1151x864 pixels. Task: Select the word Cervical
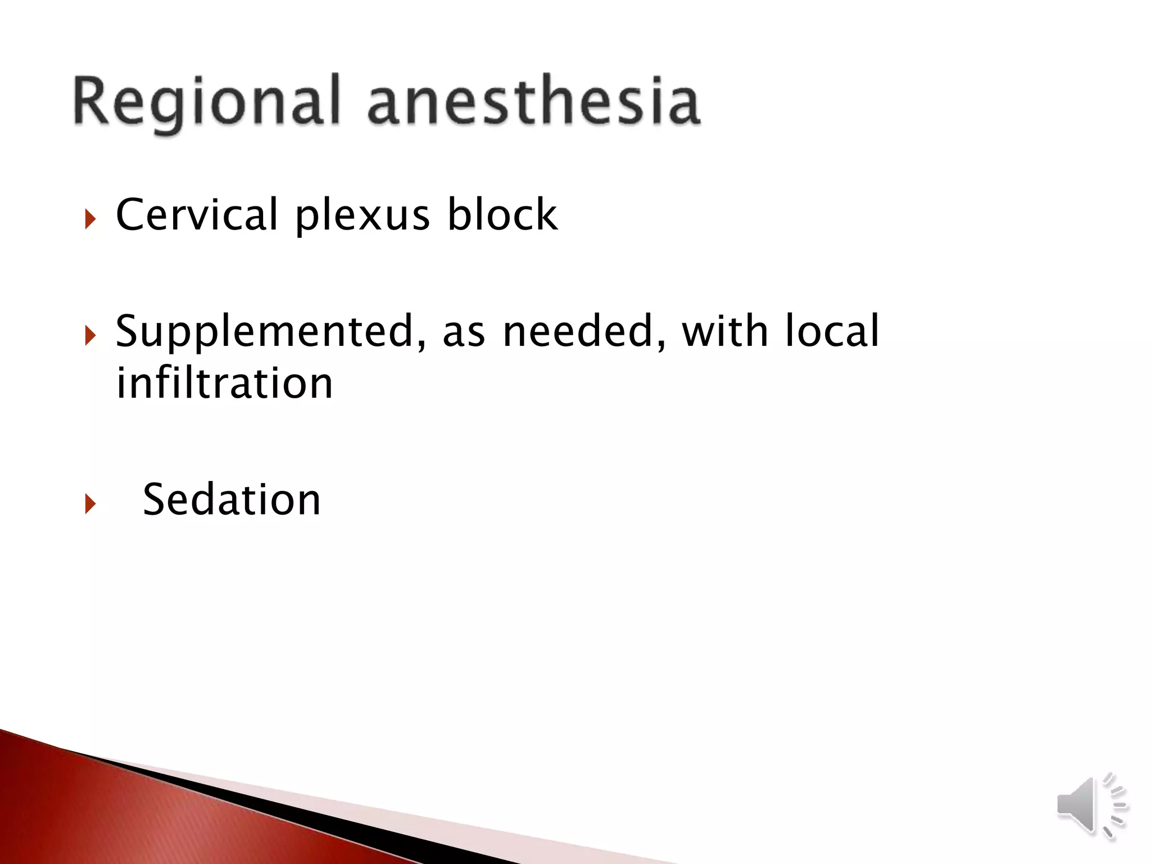[x=196, y=214]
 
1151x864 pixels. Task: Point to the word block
[x=502, y=214]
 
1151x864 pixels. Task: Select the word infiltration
[x=224, y=383]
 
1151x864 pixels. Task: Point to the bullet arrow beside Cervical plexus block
[x=90, y=219]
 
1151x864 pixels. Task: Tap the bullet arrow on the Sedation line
[x=90, y=503]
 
